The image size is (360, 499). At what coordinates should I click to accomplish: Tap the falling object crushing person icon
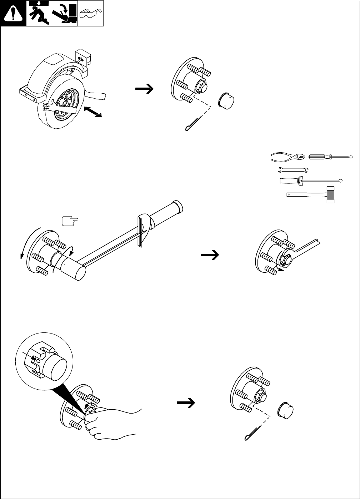(39, 14)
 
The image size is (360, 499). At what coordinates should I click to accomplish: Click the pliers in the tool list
(288, 157)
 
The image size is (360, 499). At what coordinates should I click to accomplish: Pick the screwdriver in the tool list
(330, 157)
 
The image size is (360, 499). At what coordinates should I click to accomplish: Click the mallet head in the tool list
(330, 194)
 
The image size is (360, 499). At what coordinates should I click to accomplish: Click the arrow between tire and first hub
(145, 88)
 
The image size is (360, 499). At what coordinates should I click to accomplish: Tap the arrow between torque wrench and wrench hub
(211, 255)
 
